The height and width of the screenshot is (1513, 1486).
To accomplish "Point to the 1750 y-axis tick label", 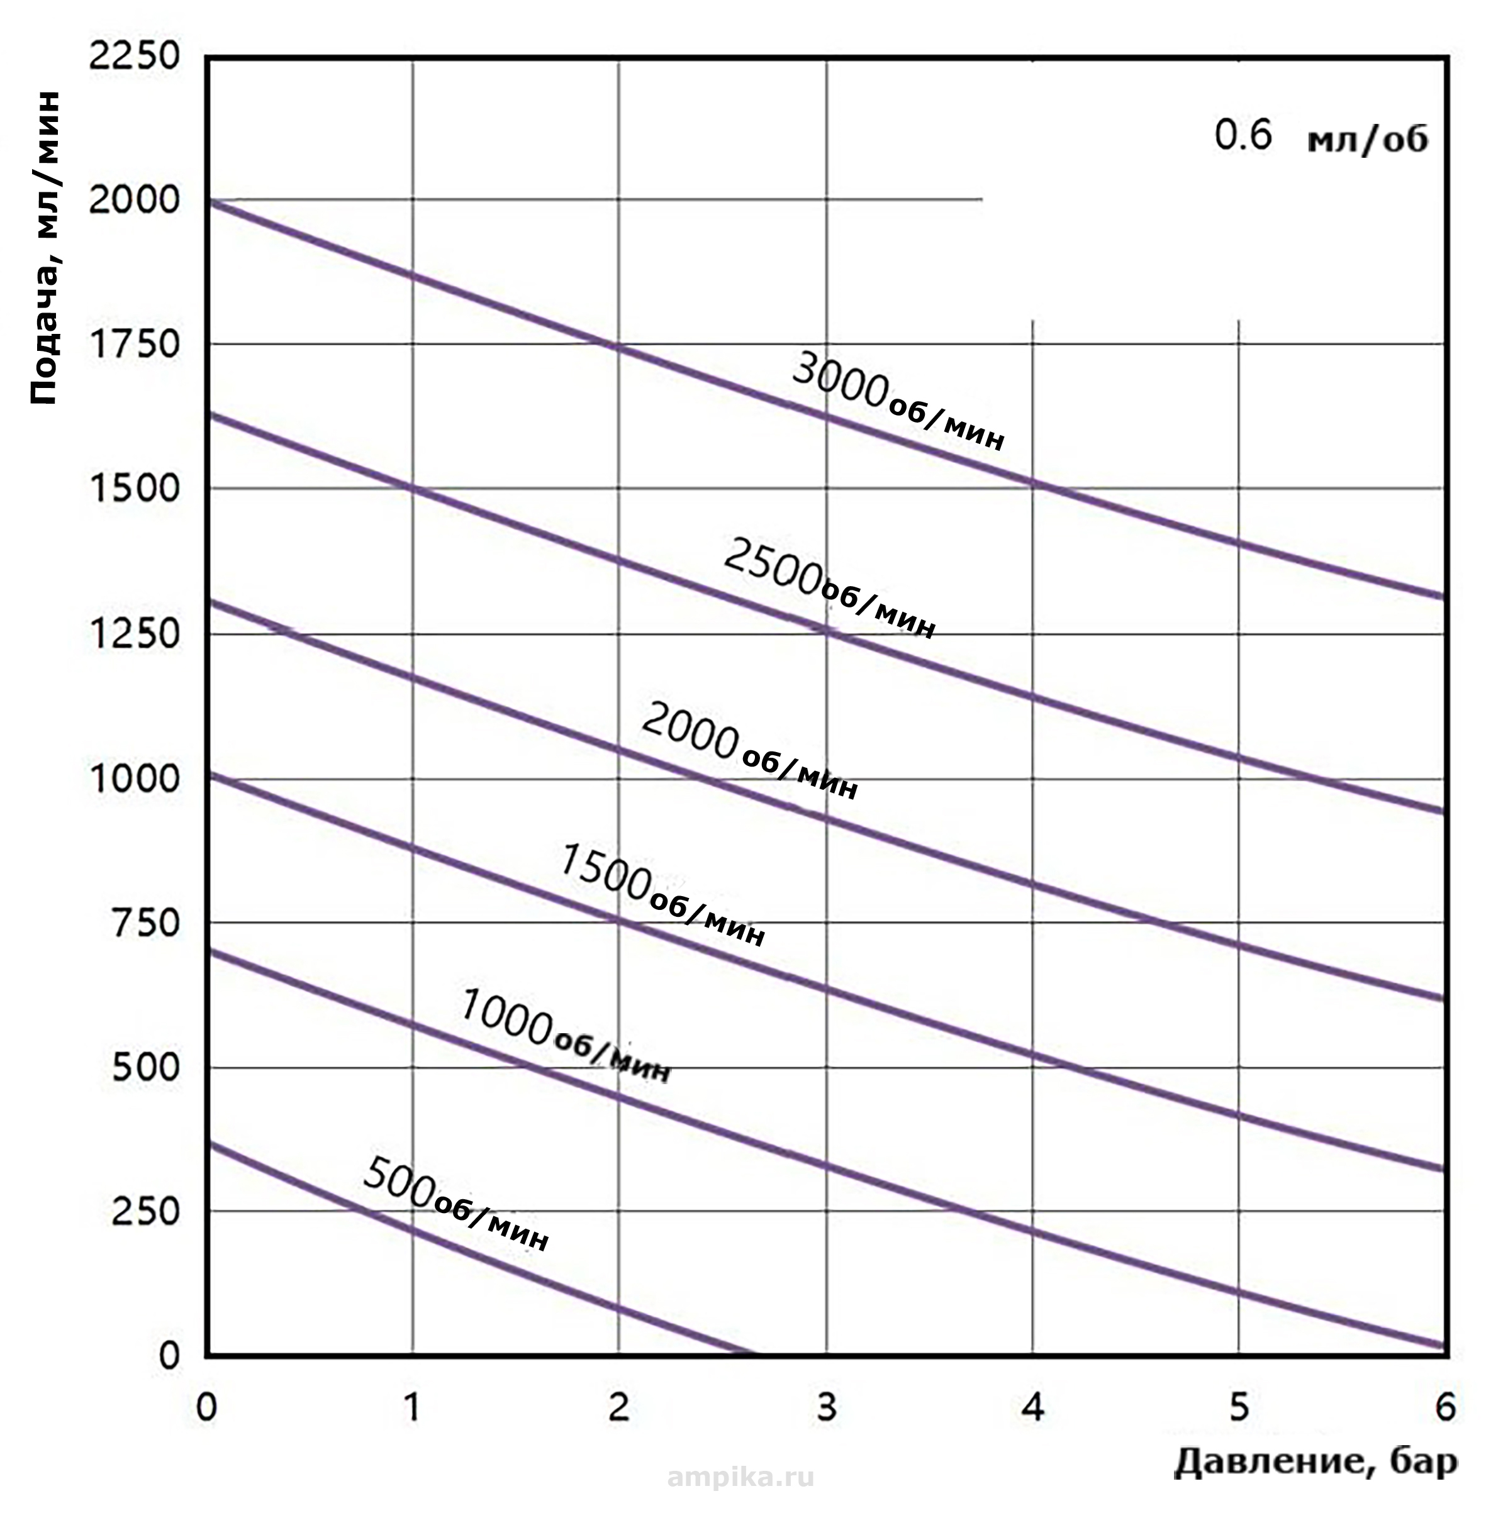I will coord(134,344).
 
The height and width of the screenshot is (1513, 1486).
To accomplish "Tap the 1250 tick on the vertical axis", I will coord(134,633).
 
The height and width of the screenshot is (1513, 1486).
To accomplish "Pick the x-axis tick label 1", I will coord(411,1407).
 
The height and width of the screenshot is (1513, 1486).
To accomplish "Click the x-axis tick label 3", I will coord(825,1407).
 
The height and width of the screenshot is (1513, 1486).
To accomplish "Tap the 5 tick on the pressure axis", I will coord(1239,1407).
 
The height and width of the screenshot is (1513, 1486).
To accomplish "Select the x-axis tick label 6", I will coord(1445,1407).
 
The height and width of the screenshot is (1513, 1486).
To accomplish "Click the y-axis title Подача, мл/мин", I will coord(45,248).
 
